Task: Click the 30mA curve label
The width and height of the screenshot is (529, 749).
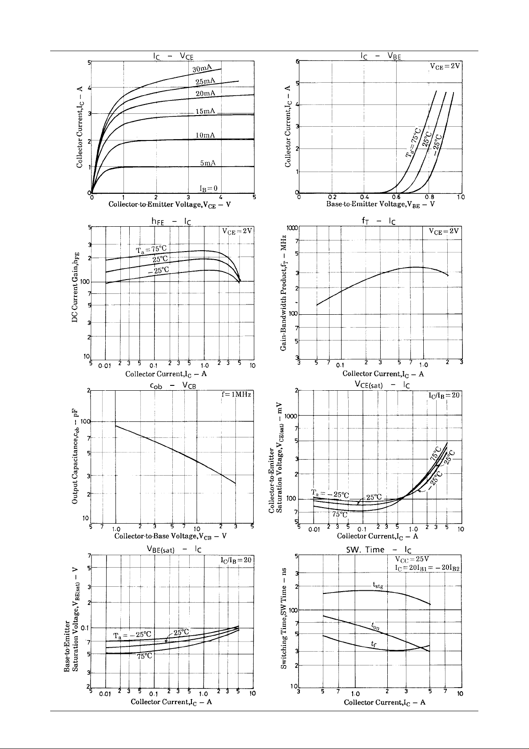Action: [202, 68]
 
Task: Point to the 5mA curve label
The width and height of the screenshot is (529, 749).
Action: [207, 163]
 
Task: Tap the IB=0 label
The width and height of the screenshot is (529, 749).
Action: [208, 188]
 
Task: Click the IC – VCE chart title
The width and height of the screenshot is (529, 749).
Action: [173, 56]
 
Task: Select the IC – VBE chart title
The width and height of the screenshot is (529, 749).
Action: [381, 56]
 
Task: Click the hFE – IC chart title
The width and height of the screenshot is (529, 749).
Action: [171, 221]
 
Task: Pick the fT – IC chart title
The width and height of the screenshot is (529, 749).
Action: [378, 221]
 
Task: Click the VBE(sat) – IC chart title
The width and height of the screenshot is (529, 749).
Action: [174, 549]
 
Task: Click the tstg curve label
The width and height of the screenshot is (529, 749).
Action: [377, 585]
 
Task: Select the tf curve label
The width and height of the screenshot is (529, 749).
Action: [374, 643]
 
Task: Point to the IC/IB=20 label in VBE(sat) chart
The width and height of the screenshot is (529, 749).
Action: [236, 560]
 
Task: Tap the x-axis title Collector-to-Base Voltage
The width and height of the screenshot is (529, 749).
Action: [171, 536]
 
